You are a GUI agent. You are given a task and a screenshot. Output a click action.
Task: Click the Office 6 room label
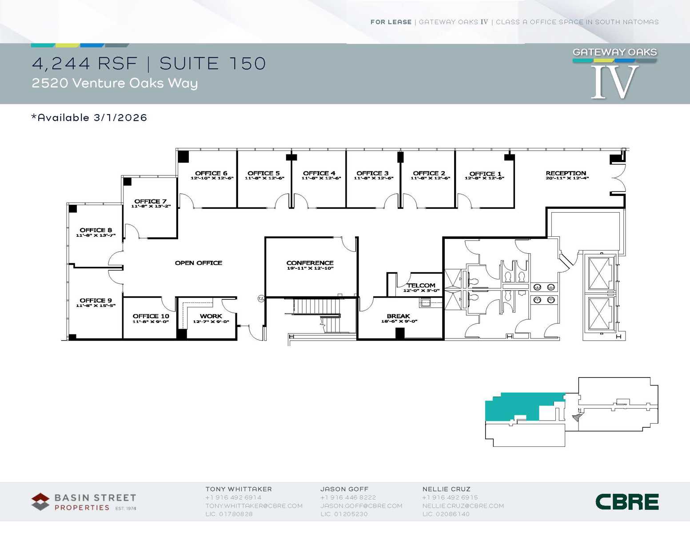(x=211, y=173)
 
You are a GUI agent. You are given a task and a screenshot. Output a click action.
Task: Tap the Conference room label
(x=310, y=263)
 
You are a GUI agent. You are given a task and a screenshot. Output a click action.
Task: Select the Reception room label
(x=566, y=173)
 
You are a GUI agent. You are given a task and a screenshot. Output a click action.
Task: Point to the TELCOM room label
(x=421, y=286)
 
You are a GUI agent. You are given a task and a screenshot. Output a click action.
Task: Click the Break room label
(x=398, y=316)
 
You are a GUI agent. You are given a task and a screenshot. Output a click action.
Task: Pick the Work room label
(x=211, y=316)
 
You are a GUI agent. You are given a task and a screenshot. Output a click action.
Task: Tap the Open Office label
(x=199, y=263)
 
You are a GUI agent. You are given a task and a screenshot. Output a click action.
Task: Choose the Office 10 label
(x=151, y=316)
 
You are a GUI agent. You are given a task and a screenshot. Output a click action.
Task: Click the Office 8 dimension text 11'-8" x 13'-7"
(x=96, y=235)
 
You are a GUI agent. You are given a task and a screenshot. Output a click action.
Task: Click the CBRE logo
(x=627, y=502)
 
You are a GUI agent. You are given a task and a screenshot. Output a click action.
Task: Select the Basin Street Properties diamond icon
(x=40, y=502)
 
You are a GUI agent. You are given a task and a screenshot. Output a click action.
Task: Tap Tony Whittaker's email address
(x=254, y=506)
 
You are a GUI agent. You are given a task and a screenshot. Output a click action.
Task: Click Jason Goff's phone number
(x=348, y=497)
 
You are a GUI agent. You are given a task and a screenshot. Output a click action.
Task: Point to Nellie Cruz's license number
(x=446, y=514)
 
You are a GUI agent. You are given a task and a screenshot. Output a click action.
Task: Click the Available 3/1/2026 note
(x=89, y=117)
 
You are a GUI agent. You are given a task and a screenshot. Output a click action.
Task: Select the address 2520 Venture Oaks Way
(x=115, y=83)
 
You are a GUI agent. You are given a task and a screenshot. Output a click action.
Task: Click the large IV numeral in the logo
(x=615, y=82)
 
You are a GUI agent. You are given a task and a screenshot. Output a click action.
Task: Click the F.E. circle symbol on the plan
(x=261, y=299)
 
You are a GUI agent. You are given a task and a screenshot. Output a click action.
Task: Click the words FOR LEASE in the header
(x=391, y=22)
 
